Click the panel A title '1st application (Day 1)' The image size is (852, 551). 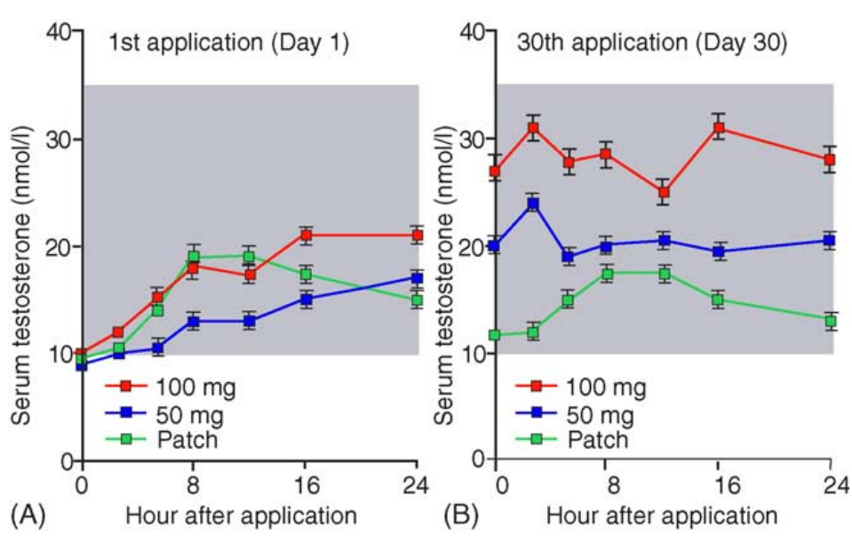[x=228, y=42]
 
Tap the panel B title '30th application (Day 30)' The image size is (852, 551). [x=653, y=42]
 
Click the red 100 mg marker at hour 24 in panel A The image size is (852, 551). [x=417, y=236]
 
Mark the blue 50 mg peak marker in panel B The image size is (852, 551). [x=533, y=204]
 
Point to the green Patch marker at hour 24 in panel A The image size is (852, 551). [x=417, y=300]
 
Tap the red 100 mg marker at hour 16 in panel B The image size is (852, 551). [x=718, y=128]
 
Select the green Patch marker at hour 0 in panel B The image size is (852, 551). [x=495, y=334]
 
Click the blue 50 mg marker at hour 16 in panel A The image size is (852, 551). [x=306, y=299]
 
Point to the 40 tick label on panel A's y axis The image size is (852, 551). [x=58, y=33]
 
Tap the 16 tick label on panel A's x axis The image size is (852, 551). [x=306, y=486]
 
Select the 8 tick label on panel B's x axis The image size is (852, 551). [x=606, y=486]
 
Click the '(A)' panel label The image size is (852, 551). [x=26, y=515]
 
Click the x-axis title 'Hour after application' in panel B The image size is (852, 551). [x=662, y=515]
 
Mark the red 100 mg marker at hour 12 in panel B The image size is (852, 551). [x=663, y=192]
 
